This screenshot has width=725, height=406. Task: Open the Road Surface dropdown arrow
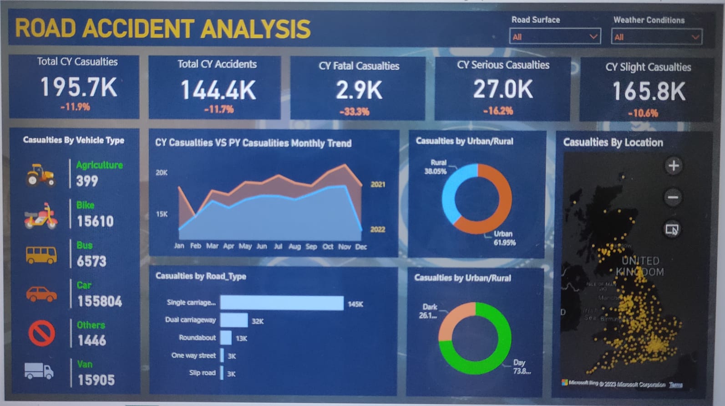[x=593, y=36]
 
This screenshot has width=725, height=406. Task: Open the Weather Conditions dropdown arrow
[x=695, y=37]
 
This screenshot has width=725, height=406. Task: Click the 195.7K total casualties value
[x=78, y=87]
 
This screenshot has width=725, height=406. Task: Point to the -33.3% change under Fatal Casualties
[x=355, y=112]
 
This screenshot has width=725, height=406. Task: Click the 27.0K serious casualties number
[x=502, y=89]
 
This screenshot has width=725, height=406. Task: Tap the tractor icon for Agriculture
[x=41, y=175]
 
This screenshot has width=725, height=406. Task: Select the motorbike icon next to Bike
[x=41, y=216]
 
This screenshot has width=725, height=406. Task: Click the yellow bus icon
[x=41, y=255]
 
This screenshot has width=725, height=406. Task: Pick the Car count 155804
[x=99, y=301]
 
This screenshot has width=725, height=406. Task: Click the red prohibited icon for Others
[x=41, y=333]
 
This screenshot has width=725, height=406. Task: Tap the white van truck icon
[x=39, y=371]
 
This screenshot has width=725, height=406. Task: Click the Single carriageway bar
[x=282, y=303]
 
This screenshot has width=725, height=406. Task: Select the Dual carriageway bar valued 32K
[x=234, y=320]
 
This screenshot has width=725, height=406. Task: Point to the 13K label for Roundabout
[x=241, y=339]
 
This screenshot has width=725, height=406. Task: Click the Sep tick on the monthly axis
[x=311, y=247]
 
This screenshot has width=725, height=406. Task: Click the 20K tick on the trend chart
[x=162, y=173]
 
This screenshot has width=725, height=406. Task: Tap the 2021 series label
[x=378, y=185]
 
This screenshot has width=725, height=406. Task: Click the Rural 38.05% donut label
[x=436, y=167]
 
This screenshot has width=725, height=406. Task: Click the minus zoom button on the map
[x=673, y=197]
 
